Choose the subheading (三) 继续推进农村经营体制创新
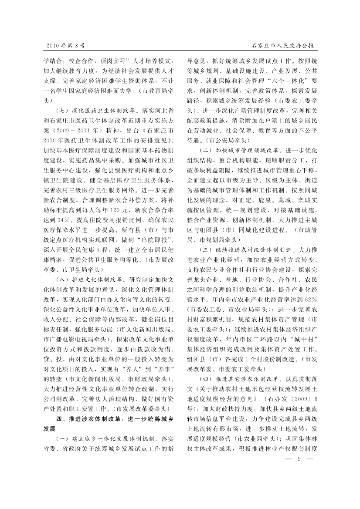(x=245, y=250)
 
